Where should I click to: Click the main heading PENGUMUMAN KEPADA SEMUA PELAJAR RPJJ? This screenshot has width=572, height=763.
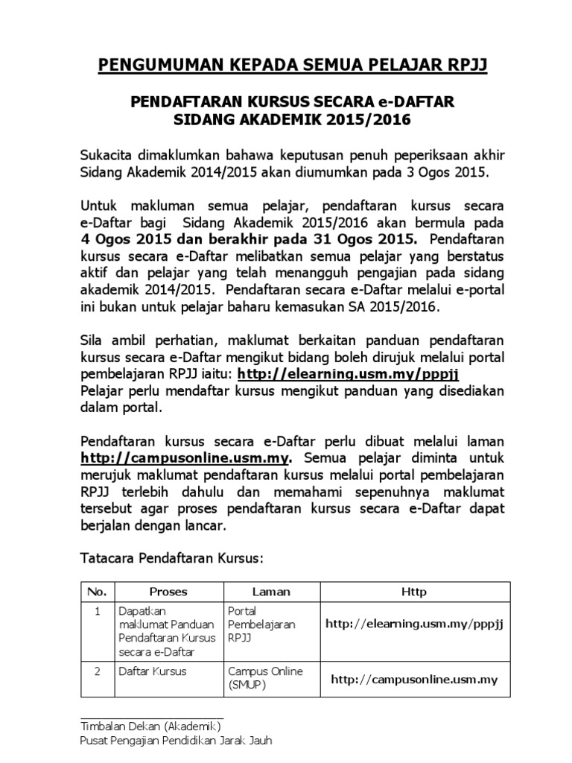click(293, 68)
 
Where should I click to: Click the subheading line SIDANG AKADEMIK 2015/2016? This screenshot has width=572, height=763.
click(293, 120)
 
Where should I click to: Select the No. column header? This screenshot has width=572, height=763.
click(97, 592)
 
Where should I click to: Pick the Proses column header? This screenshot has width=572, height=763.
click(168, 592)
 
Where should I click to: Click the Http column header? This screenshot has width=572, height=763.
click(414, 592)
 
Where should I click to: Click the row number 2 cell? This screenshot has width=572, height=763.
click(97, 671)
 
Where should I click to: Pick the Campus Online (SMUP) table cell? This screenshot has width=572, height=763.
click(265, 677)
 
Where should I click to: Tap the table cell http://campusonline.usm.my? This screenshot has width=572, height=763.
click(414, 680)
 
